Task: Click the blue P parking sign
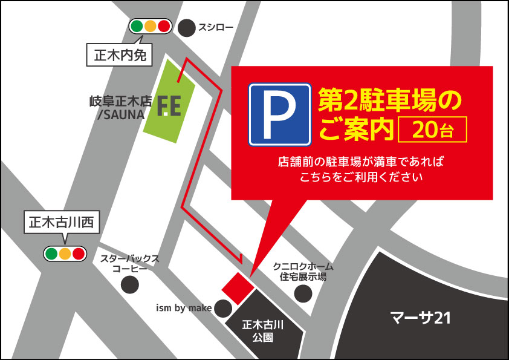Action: point(279,114)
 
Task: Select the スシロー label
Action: point(216,27)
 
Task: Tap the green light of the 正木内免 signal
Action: point(137,27)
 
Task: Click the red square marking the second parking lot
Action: point(236,286)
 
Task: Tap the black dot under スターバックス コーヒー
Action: point(129,284)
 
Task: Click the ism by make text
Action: point(184,309)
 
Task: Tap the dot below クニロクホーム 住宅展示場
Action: point(303,293)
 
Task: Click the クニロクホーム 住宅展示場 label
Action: point(303,271)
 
